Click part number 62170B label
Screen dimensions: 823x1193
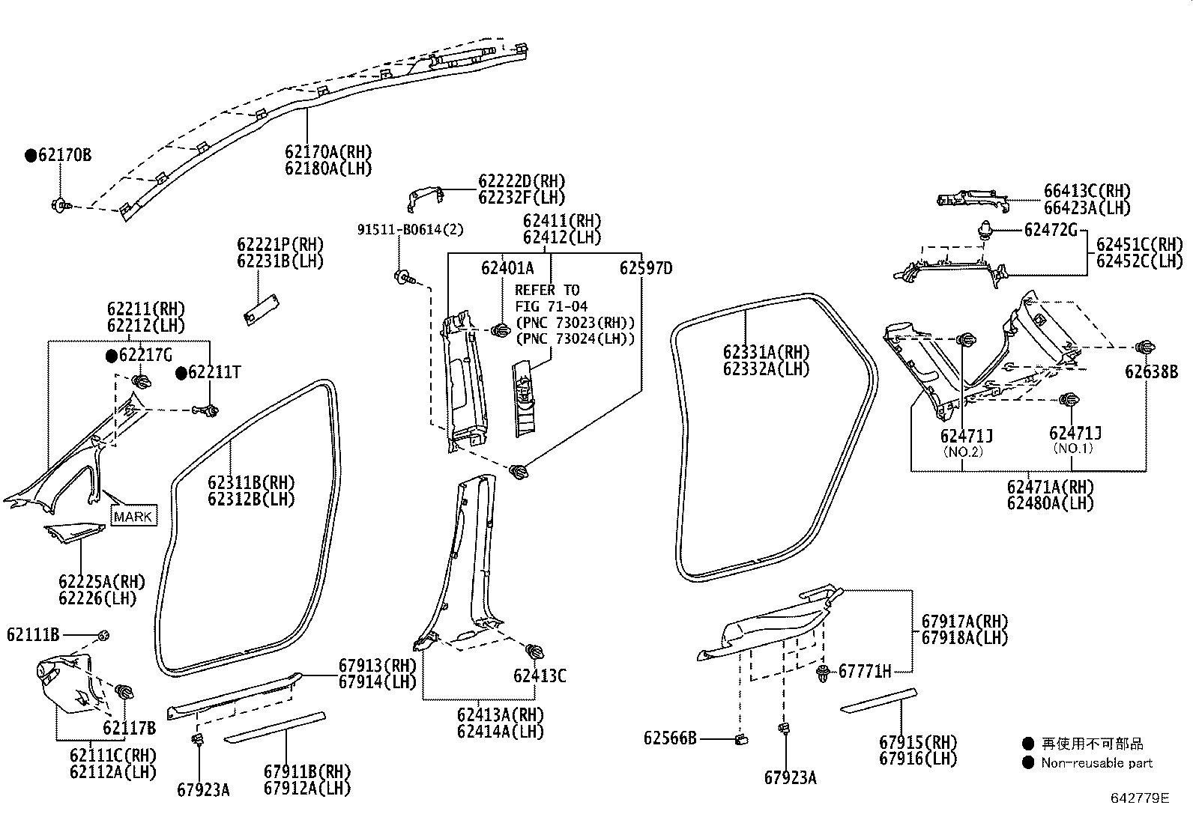click(64, 155)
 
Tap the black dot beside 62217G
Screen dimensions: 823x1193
click(111, 355)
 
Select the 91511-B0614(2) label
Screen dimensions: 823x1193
click(409, 230)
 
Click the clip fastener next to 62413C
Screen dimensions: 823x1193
click(534, 651)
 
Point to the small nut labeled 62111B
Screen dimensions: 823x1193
click(104, 635)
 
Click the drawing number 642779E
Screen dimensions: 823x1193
click(1139, 798)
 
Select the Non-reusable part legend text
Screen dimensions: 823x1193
click(1096, 763)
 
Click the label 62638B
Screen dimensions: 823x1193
click(1151, 371)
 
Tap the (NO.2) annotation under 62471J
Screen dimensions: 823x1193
click(962, 452)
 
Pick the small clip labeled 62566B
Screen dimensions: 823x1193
click(742, 739)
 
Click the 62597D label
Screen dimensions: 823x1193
click(645, 268)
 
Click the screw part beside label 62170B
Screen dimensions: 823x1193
click(59, 204)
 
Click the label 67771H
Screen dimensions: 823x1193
click(864, 671)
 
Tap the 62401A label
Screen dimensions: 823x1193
click(507, 268)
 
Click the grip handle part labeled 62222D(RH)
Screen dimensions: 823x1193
click(423, 198)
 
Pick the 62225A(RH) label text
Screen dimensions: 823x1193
click(102, 582)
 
